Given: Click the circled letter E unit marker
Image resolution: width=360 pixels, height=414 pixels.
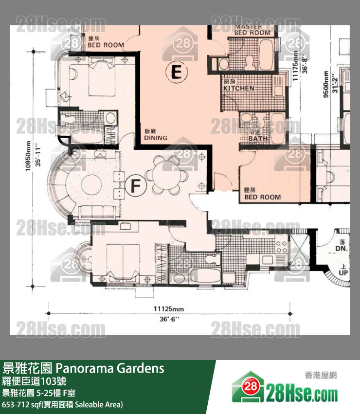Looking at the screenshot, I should pyautogui.click(x=177, y=72).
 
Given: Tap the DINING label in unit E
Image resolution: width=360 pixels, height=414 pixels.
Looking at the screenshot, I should pyautogui.click(x=156, y=138).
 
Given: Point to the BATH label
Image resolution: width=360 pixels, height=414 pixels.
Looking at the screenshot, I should pyautogui.click(x=258, y=138).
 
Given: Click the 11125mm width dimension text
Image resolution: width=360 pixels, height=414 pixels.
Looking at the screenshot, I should pyautogui.click(x=169, y=309).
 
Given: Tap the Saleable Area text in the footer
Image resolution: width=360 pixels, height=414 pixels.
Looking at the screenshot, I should pyautogui.click(x=102, y=404).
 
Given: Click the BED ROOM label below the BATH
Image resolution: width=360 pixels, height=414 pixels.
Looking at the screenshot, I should pyautogui.click(x=262, y=197).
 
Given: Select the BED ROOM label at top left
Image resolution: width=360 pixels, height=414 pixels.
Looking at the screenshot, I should pyautogui.click(x=106, y=45).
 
